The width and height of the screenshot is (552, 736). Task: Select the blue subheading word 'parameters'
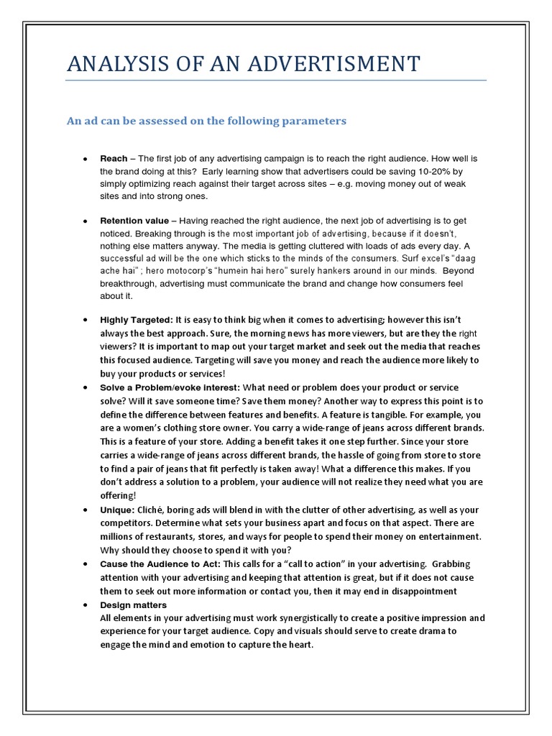[315, 121]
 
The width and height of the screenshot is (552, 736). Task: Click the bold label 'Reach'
[114, 158]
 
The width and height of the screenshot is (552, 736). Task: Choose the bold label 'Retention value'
[134, 221]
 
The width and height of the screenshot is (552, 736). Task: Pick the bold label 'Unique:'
[117, 510]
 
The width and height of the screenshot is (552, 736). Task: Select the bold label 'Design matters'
[133, 605]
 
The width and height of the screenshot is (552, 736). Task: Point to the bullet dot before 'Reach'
[85, 158]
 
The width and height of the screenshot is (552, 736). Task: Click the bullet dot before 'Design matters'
[85, 605]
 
